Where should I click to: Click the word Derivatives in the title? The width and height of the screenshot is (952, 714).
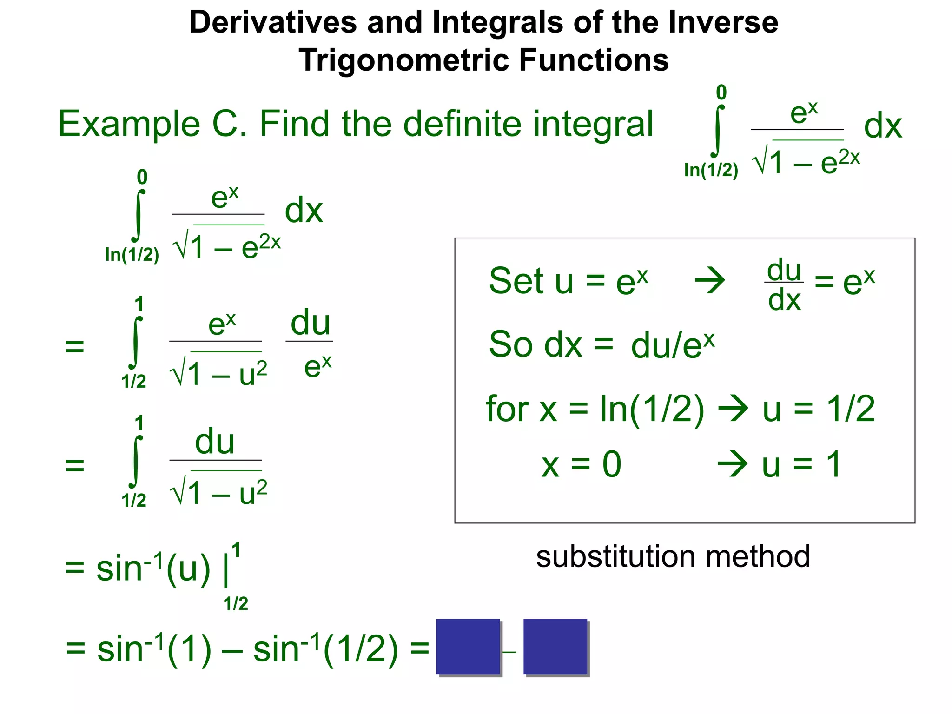pos(273,22)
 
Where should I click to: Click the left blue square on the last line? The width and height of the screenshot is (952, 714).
pos(468,647)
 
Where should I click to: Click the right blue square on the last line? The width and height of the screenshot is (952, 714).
pos(555,647)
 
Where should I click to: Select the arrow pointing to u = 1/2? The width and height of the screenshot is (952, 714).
pos(734,409)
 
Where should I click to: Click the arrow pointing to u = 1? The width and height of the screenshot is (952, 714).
pos(733,463)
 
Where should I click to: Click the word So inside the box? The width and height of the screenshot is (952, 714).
pos(510,344)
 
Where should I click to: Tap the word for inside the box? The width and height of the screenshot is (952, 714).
pos(507,409)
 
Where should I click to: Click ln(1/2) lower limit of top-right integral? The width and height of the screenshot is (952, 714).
pos(711,170)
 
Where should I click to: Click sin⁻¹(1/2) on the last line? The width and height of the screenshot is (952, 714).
pos(325,649)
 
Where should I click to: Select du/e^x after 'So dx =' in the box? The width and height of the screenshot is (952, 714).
pos(672,345)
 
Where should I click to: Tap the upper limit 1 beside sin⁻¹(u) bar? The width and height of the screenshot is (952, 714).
pos(236,550)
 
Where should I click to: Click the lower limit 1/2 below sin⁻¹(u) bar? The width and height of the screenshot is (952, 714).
pos(236,604)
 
